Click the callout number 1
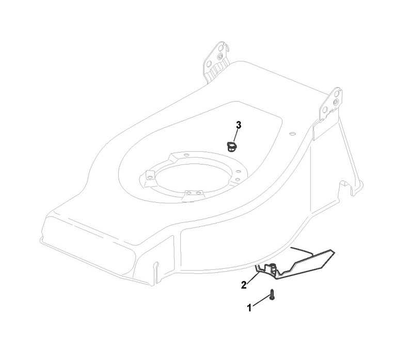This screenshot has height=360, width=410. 249,308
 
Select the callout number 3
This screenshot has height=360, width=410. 238,125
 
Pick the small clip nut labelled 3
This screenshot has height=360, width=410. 232,146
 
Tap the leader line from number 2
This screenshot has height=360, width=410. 253,276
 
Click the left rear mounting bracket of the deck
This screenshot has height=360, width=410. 216,62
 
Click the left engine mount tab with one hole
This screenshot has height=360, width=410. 149,176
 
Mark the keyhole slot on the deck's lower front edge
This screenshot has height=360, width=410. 156,266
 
